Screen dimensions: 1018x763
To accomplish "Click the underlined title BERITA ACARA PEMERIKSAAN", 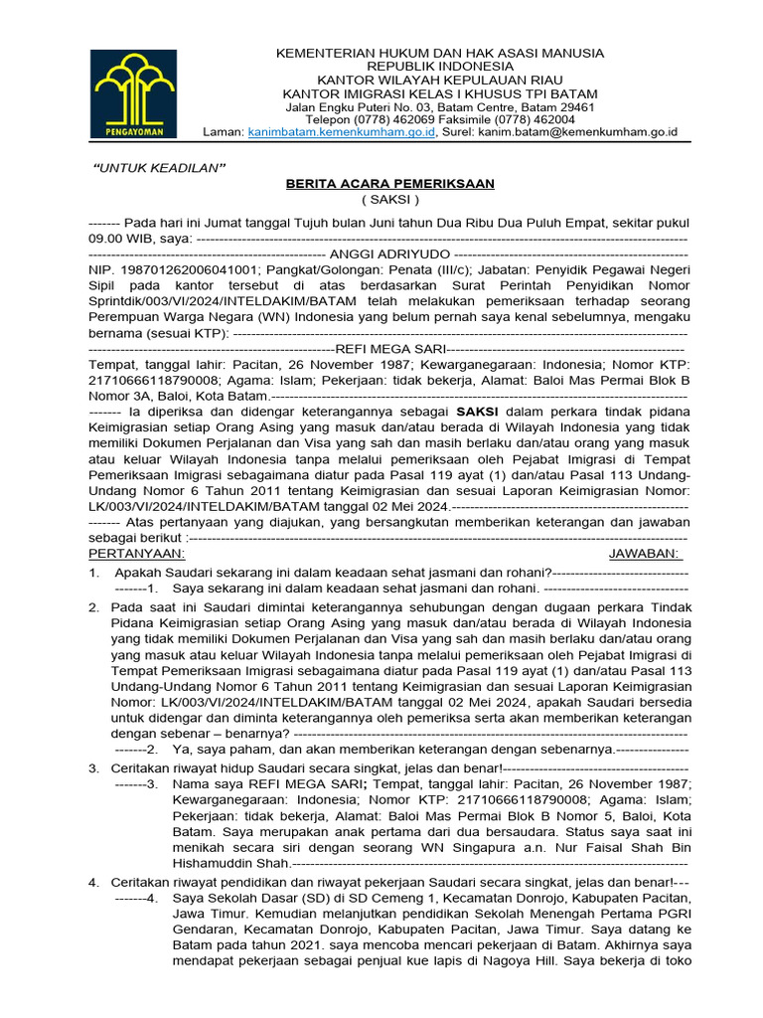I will [x=376, y=184].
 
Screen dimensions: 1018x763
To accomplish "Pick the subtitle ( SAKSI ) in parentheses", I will [x=376, y=200].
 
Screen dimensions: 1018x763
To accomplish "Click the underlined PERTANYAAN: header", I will [x=136, y=553].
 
